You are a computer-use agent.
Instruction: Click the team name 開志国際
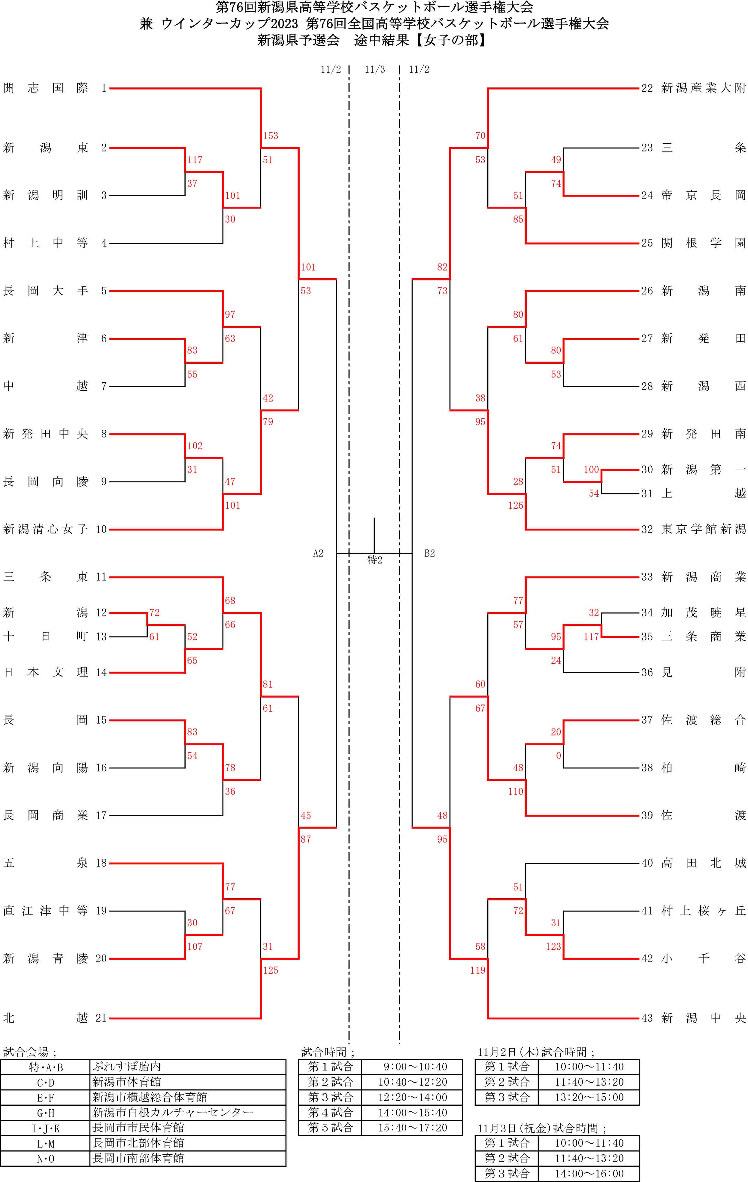(x=46, y=88)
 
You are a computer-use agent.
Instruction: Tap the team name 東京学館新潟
(x=703, y=529)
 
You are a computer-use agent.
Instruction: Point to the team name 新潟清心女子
(x=46, y=529)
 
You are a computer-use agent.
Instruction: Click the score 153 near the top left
(x=270, y=136)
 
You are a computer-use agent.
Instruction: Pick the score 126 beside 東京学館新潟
(x=516, y=505)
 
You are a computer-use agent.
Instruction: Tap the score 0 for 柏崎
(x=558, y=756)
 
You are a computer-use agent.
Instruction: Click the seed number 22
(x=647, y=88)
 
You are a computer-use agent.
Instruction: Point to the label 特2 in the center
(x=375, y=560)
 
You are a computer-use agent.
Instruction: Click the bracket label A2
(x=318, y=553)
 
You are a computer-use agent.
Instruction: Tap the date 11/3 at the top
(x=375, y=70)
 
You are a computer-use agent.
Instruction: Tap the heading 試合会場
(x=29, y=1052)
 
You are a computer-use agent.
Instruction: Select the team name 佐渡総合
(x=703, y=720)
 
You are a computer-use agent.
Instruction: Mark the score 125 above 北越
(x=270, y=970)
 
